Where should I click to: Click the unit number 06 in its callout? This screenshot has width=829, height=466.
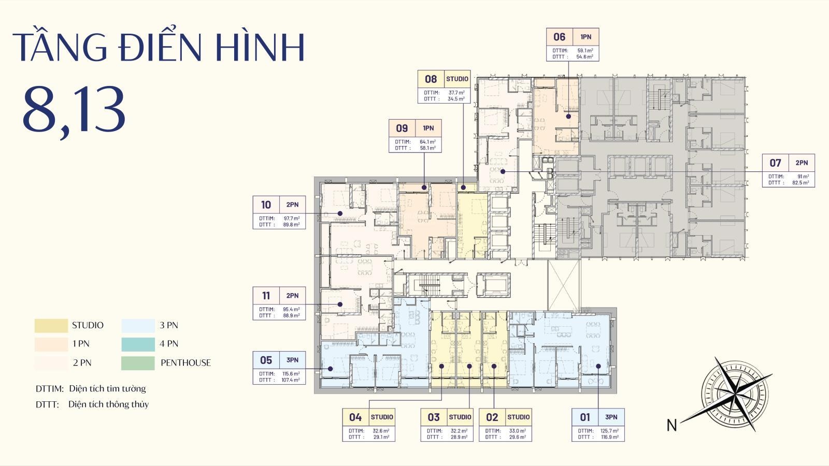[559, 37]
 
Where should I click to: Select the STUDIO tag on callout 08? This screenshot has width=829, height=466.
[457, 79]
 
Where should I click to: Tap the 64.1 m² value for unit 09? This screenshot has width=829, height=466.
[427, 142]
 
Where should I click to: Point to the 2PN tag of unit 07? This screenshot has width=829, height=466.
[801, 163]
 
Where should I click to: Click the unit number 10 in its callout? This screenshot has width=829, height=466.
[266, 205]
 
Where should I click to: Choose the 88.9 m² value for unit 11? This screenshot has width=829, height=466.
[291, 315]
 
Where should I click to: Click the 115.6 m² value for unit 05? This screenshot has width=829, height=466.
[291, 374]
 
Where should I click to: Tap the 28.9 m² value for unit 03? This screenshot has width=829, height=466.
[459, 437]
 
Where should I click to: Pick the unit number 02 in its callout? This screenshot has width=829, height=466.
[492, 417]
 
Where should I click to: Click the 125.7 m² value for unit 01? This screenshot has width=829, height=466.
[610, 431]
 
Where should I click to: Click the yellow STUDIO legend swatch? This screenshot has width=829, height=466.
[51, 326]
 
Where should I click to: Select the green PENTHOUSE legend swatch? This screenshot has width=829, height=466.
[138, 363]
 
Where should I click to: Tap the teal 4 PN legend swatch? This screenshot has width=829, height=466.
[138, 344]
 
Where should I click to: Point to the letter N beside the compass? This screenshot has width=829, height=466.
[671, 426]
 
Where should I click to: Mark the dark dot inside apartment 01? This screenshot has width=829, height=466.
[598, 366]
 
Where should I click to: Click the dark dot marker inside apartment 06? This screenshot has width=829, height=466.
[568, 116]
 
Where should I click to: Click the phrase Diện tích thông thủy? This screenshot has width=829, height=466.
[108, 404]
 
